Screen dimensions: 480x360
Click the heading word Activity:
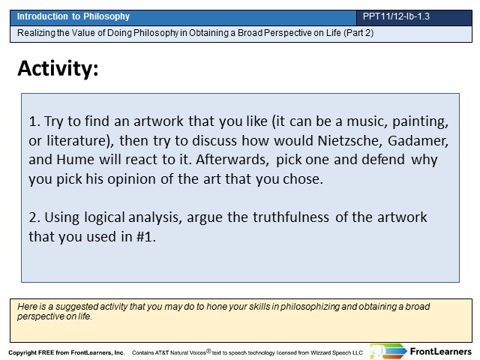[58, 68]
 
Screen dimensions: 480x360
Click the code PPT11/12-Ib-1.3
[396, 16]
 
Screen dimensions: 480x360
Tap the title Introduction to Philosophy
[73, 16]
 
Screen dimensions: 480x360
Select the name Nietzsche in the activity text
[350, 140]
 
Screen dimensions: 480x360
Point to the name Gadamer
[418, 141]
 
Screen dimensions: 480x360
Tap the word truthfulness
[290, 217]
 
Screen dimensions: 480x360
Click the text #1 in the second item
[145, 237]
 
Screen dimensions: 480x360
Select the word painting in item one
[420, 121]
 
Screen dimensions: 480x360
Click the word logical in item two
[104, 217]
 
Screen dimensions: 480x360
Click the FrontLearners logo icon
[388, 351]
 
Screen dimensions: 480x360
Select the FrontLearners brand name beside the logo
[441, 352]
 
